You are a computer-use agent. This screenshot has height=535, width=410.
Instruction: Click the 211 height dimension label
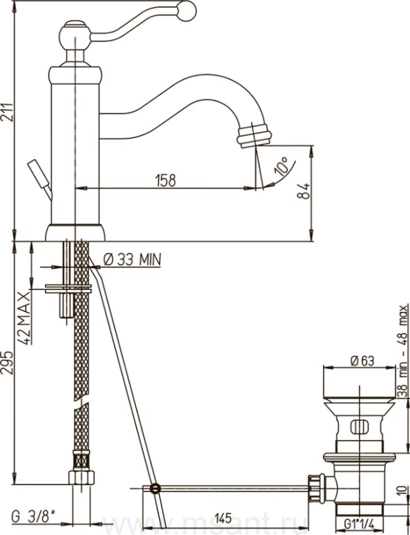pyautogui.click(x=7, y=113)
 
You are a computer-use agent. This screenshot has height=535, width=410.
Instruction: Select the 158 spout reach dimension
pyautogui.click(x=166, y=181)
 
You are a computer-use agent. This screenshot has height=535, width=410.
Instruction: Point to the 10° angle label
pyautogui.click(x=282, y=166)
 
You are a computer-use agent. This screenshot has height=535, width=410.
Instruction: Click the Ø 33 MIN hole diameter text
pyautogui.click(x=132, y=260)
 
